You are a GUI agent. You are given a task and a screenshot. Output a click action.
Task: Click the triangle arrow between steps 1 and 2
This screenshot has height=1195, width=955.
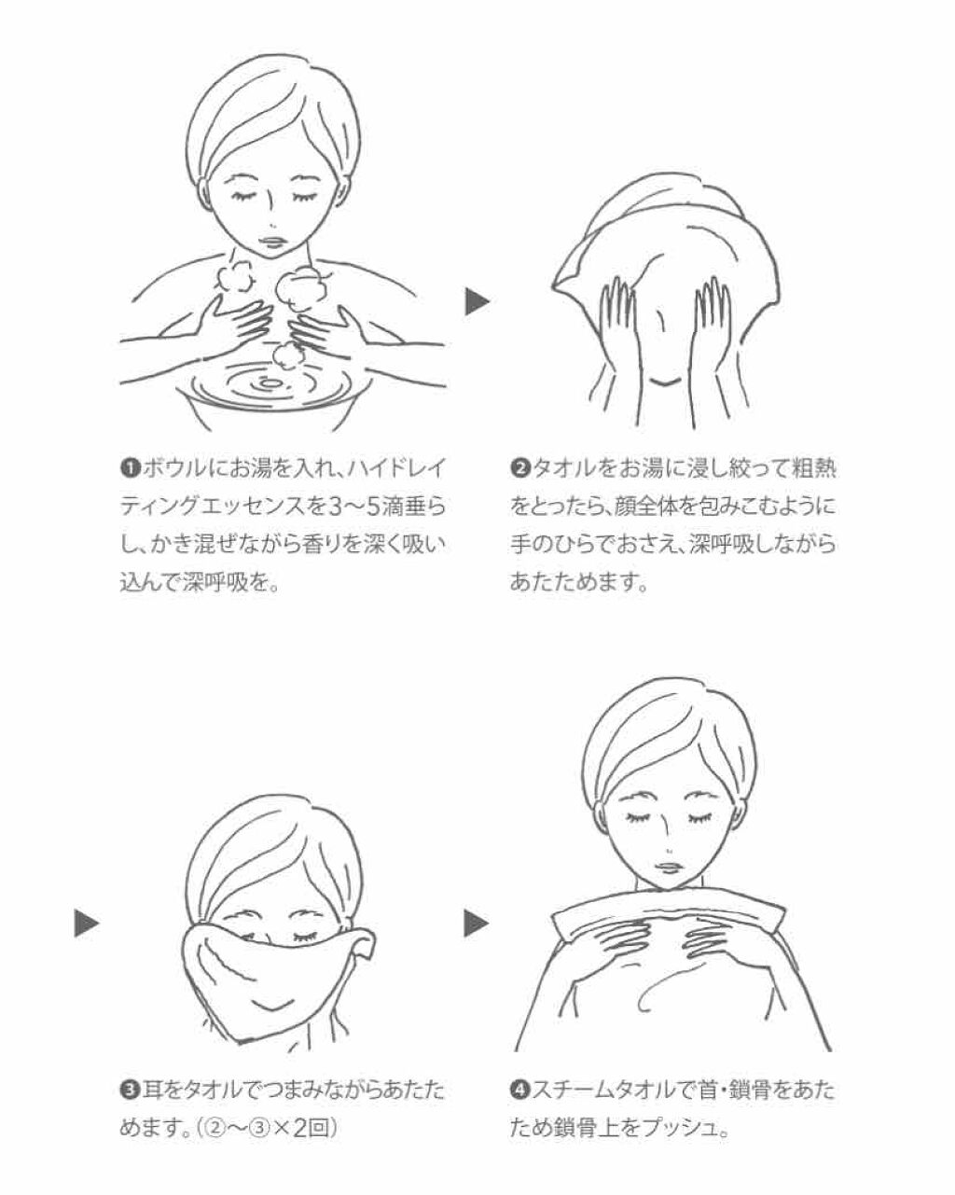[477, 302]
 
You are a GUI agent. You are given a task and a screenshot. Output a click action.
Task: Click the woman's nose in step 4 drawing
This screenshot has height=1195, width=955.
[671, 851]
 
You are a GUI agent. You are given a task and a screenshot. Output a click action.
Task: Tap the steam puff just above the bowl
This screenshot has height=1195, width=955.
[287, 354]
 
